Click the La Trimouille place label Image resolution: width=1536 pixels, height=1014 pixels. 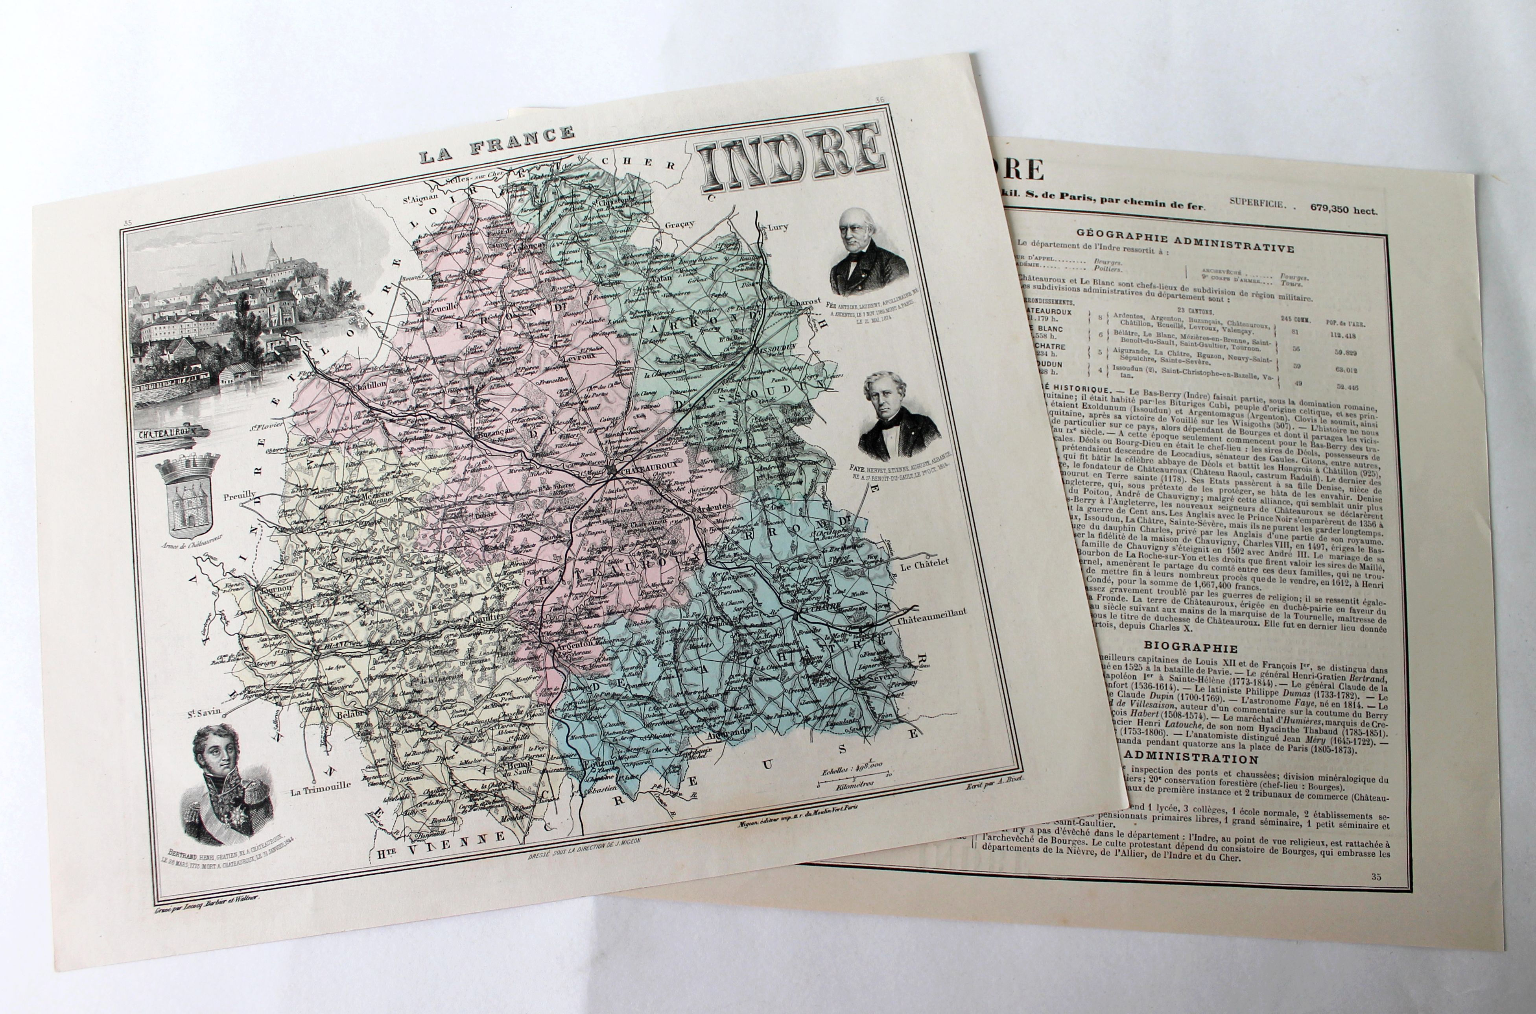320,786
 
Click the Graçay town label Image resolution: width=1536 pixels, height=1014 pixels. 679,224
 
